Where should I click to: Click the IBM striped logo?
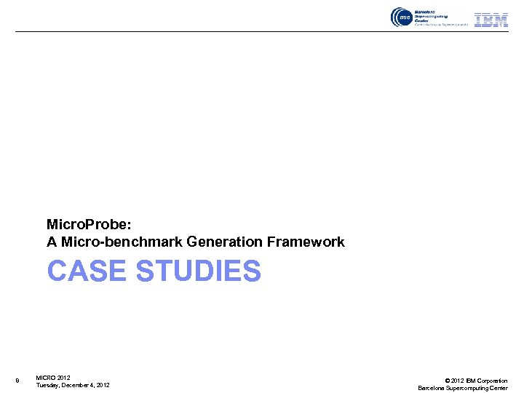pyautogui.click(x=491, y=20)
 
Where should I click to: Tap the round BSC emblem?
pyautogui.click(x=401, y=17)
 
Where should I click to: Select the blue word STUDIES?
pyautogui.click(x=198, y=271)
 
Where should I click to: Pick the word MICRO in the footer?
pyautogui.click(x=45, y=377)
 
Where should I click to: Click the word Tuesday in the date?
pyautogui.click(x=49, y=385)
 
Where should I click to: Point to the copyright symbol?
pyautogui.click(x=447, y=381)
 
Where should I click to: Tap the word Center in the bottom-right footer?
pyautogui.click(x=499, y=388)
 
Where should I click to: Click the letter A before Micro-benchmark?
pyautogui.click(x=52, y=242)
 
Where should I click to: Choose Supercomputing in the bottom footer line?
pyautogui.click(x=467, y=388)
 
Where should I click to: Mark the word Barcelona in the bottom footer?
pyautogui.click(x=432, y=388)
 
